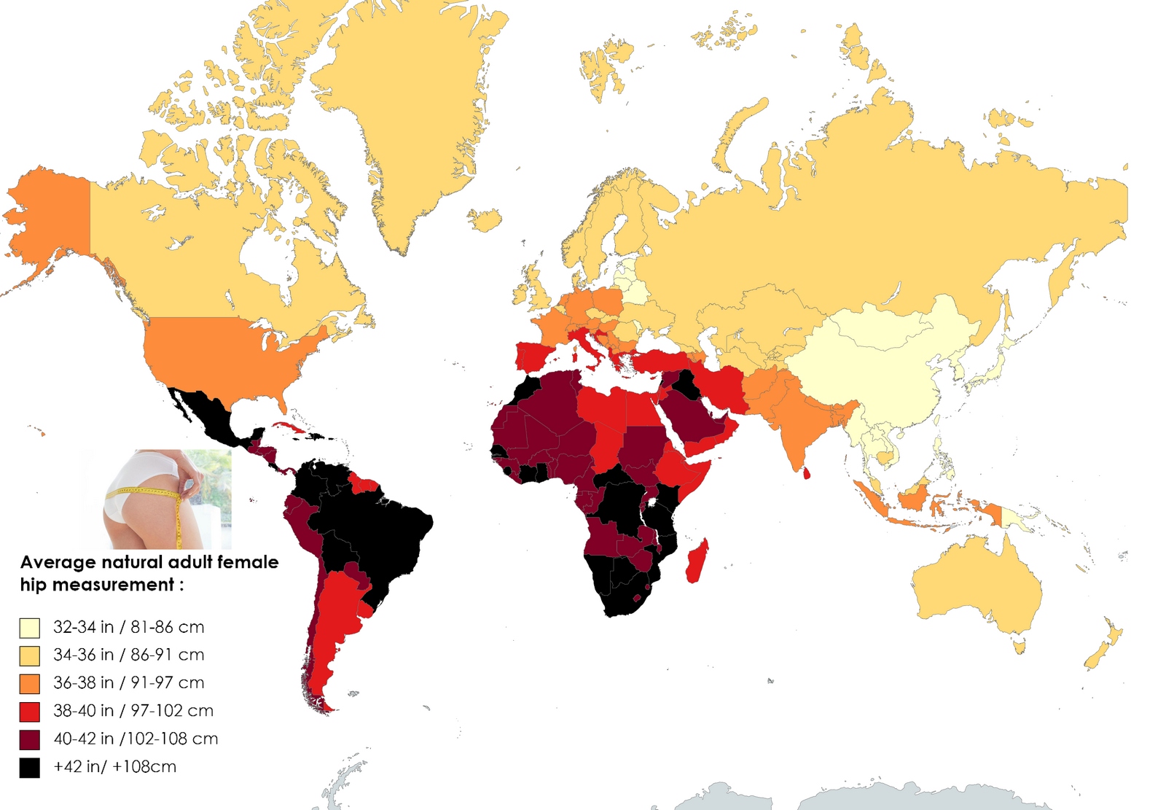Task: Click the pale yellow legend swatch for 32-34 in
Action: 30,628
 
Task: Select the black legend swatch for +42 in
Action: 30,768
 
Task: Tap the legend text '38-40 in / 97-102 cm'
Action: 133,711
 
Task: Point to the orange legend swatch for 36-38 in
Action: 30,684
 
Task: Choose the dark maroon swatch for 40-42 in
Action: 30,740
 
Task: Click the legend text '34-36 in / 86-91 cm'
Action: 128,655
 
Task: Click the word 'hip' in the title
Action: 34,585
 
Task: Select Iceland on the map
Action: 484,219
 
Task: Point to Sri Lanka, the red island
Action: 806,473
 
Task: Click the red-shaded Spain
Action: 536,357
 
